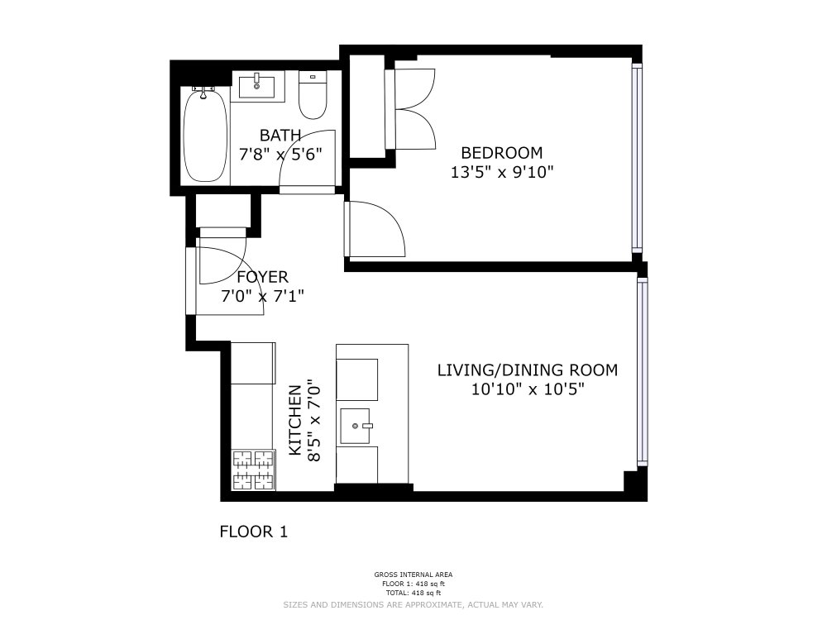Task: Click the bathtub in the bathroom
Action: coord(205,136)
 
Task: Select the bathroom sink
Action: coord(256,84)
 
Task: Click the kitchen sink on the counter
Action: coord(359,426)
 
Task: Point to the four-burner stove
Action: coord(252,469)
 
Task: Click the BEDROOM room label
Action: coord(501,153)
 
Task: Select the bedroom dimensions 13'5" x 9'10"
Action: coord(501,172)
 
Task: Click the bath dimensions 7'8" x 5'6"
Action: coord(280,154)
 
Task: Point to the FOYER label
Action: coord(262,278)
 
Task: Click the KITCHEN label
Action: coord(294,420)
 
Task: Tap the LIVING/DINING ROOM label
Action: coord(527,370)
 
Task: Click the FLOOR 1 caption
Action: coord(253,532)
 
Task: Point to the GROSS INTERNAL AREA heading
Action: coord(413,575)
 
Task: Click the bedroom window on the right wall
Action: coord(636,157)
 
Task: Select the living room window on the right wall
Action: coord(641,370)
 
